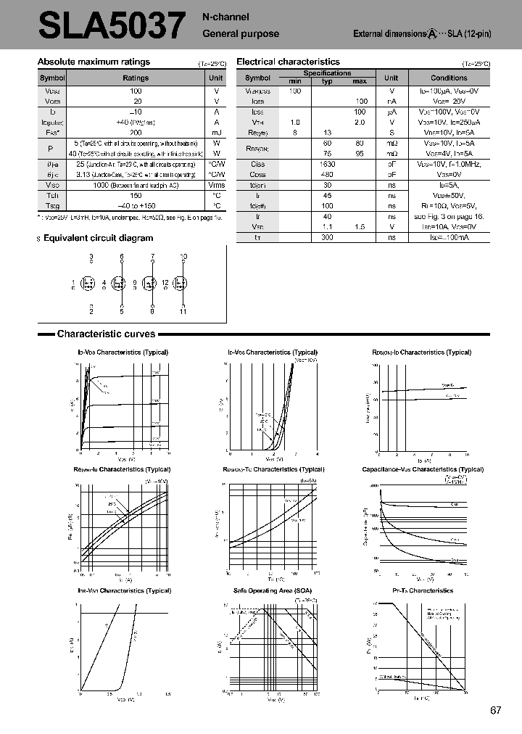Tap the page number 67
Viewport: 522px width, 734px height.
click(496, 711)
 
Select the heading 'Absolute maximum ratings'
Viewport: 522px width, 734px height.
click(94, 62)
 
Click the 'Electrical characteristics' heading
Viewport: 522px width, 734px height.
click(288, 62)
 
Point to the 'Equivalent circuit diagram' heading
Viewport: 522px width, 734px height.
click(99, 238)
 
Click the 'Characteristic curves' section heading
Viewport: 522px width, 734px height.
click(106, 334)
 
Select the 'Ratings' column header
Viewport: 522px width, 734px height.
click(136, 78)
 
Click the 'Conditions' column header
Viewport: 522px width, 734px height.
click(449, 78)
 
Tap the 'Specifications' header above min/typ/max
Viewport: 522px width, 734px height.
click(327, 73)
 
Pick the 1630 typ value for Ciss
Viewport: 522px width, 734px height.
click(326, 164)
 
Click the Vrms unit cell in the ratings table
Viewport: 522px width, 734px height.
click(216, 185)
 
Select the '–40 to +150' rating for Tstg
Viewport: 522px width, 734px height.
click(136, 205)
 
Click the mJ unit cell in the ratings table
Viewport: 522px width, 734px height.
click(216, 133)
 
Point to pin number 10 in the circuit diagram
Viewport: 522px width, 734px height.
click(183, 257)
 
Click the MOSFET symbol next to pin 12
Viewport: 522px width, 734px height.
click(181, 284)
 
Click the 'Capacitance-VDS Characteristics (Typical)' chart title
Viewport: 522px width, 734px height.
click(423, 470)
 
